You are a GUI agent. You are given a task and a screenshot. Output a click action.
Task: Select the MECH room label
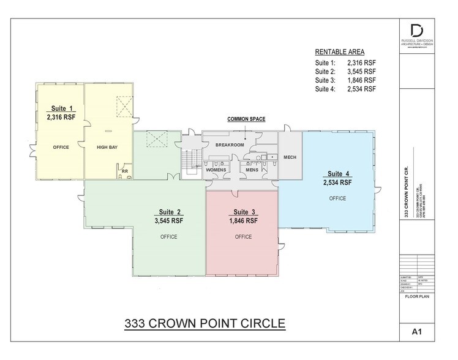pos(290,157)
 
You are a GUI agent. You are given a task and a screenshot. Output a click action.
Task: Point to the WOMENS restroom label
pos(216,170)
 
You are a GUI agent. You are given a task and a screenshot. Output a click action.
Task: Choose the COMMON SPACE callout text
pos(246,119)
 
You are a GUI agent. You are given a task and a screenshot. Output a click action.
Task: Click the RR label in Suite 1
pos(124,171)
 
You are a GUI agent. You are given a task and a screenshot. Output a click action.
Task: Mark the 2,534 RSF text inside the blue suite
pos(337,182)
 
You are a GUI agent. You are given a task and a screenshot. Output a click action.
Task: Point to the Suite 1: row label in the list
pos(325,63)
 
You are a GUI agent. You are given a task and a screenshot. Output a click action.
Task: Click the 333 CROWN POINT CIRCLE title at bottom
pos(205,321)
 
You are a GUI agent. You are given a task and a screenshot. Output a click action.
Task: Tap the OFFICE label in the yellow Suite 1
pos(61,148)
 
